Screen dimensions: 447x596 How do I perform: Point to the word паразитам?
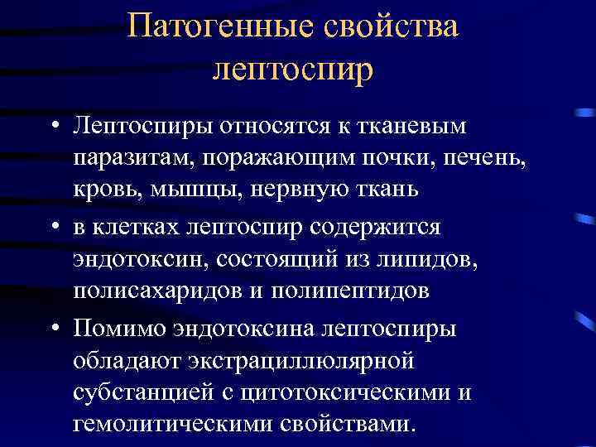[126, 157]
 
